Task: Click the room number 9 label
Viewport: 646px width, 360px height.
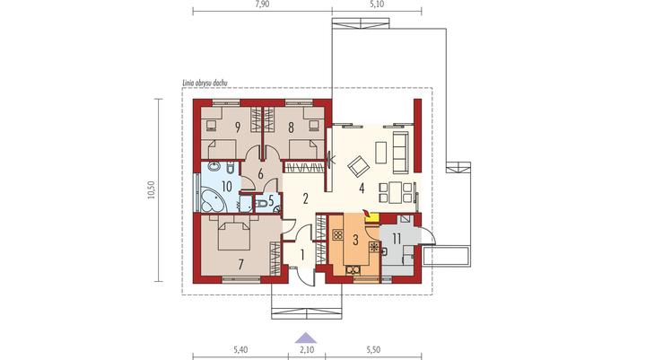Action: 238,127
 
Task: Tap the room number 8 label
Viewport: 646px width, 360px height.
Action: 292,127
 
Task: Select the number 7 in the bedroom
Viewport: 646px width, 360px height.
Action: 241,264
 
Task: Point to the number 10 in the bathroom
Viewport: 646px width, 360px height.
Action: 227,187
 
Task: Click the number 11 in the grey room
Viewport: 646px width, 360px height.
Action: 397,239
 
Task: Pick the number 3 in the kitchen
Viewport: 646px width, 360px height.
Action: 355,239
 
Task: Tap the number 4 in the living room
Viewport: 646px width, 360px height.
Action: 362,189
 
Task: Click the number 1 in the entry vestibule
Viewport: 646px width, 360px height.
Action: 302,255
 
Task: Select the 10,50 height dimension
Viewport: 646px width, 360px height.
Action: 152,190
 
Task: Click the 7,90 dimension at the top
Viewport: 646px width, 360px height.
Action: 262,5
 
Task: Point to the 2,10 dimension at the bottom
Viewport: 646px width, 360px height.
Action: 307,350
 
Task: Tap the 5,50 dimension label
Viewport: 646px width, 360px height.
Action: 373,350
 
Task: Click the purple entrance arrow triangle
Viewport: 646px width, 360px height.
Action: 306,338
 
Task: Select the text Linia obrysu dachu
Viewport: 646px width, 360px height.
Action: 205,83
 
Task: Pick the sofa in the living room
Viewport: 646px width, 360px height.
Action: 399,152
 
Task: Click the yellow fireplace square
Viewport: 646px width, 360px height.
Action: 373,218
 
